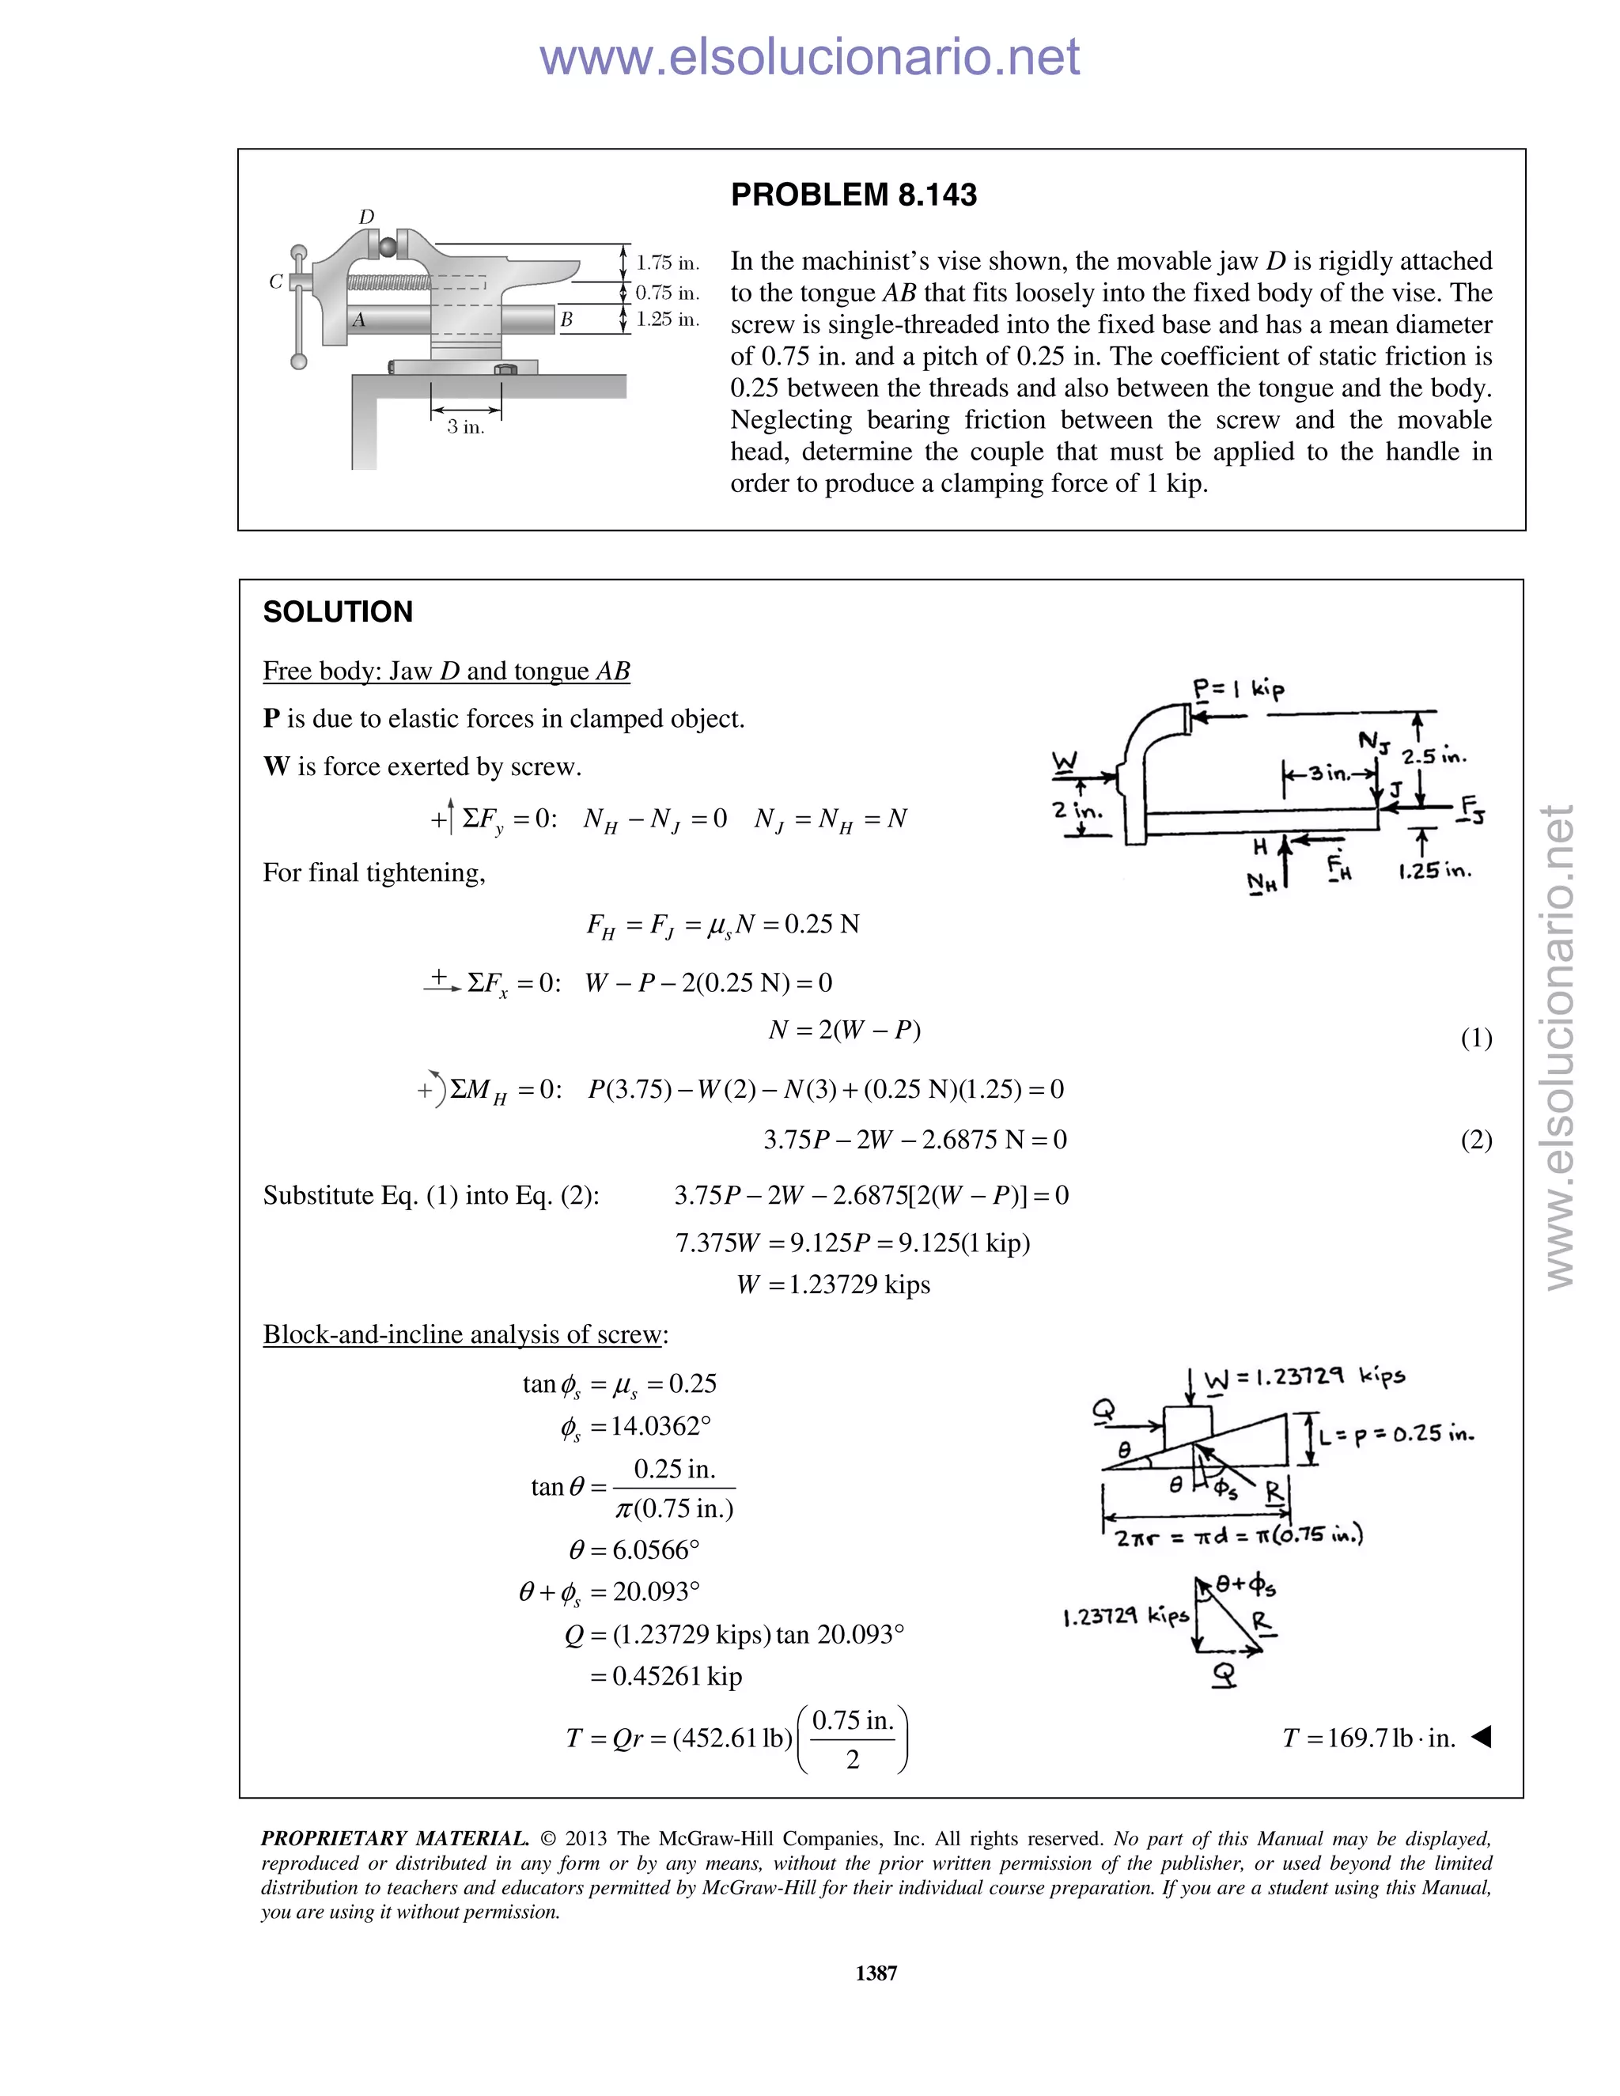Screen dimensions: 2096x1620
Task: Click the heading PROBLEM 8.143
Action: [x=854, y=195]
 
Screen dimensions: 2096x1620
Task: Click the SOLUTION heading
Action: [x=338, y=611]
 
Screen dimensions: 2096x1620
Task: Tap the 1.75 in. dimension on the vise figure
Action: [x=667, y=263]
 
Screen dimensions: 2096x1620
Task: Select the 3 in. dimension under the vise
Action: [x=465, y=427]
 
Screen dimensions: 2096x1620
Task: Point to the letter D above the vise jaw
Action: [x=365, y=217]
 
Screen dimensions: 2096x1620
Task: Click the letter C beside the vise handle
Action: [x=276, y=282]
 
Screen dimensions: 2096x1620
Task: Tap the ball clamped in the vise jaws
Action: [x=386, y=247]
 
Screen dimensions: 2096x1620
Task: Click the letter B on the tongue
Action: [x=566, y=320]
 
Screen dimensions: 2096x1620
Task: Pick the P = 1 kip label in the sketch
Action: [x=1238, y=689]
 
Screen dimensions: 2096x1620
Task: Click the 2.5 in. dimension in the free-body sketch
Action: [x=1434, y=756]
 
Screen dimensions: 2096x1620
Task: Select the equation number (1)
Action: [x=1475, y=1038]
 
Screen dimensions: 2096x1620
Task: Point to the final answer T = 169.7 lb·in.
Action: [x=1368, y=1738]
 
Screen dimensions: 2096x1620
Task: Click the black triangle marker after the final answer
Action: [x=1481, y=1736]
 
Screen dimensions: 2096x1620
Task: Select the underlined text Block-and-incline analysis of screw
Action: [x=464, y=1334]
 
